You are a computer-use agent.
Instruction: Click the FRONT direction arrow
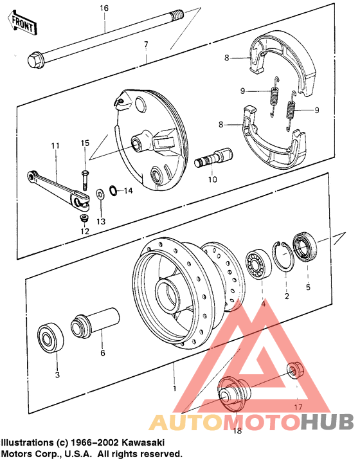[x=21, y=24]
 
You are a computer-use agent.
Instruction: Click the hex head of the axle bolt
[x=33, y=60]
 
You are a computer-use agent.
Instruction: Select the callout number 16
[x=104, y=8]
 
